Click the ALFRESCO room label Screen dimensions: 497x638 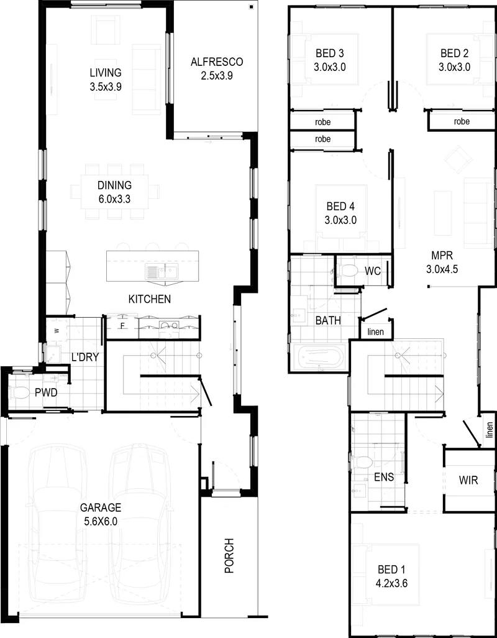click(x=217, y=62)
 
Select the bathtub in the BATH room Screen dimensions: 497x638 click(x=321, y=358)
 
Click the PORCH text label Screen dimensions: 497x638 click(x=230, y=555)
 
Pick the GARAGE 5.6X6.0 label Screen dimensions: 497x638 click(x=101, y=514)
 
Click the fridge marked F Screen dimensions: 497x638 click(x=122, y=326)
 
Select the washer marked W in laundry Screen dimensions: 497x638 click(x=56, y=331)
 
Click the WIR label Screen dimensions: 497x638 click(x=468, y=480)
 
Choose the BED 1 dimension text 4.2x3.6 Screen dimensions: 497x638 click(x=392, y=583)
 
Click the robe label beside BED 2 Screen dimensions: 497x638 click(x=462, y=121)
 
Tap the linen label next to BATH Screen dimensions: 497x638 click(x=375, y=331)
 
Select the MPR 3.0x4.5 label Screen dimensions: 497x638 click(x=442, y=262)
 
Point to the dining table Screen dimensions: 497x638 click(x=114, y=192)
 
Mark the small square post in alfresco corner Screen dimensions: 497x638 click(x=251, y=6)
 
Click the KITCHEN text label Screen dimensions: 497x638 click(x=150, y=299)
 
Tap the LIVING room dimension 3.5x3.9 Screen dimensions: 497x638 click(x=106, y=86)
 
